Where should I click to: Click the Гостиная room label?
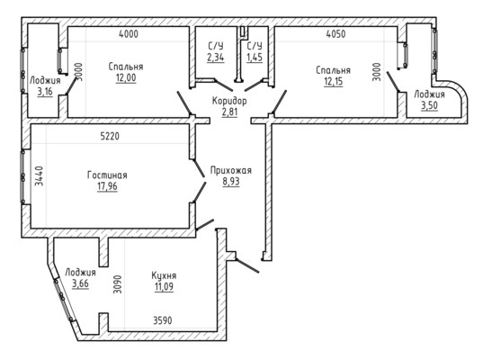tap(107, 175)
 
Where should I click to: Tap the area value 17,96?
tap(107, 186)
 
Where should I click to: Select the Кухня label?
tap(164, 276)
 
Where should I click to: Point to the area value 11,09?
tap(164, 286)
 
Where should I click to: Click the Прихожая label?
tap(231, 170)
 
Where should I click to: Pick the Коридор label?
tap(229, 101)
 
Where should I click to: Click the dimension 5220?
tap(110, 136)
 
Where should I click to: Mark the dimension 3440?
tap(39, 176)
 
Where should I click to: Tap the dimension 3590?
tap(163, 320)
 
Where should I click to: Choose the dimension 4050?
tap(335, 34)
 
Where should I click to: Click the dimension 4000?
tap(129, 34)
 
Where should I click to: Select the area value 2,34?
tap(216, 58)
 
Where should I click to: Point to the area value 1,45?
tap(255, 58)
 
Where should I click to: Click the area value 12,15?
tap(334, 82)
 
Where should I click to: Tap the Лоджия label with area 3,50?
tap(429, 94)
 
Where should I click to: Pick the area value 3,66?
tap(80, 283)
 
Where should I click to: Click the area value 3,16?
tap(45, 92)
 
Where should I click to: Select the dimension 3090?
tap(117, 283)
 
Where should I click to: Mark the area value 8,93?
tap(231, 182)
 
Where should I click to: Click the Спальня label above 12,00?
tap(126, 67)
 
